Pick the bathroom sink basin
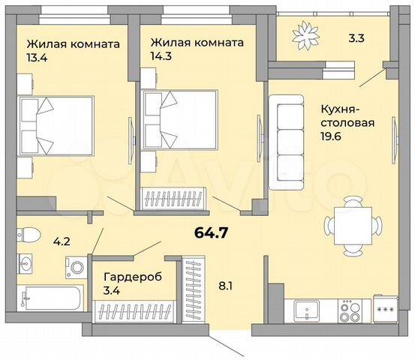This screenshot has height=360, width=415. pos(27,264)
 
